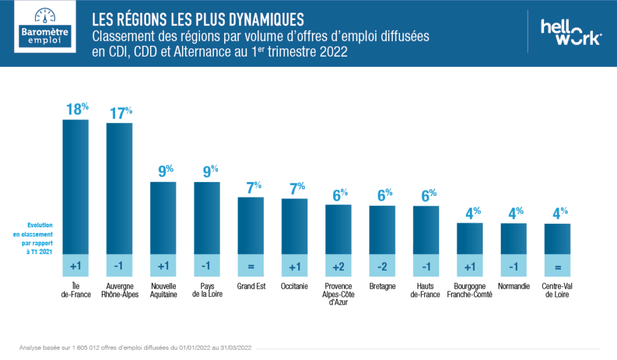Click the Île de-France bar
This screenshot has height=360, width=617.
pos(75,187)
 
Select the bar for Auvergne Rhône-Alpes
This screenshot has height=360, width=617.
pos(119,189)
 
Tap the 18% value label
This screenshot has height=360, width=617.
pos(77,109)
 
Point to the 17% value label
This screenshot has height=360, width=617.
pos(121,113)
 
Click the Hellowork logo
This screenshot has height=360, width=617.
pos(570,31)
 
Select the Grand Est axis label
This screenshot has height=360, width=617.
pos(251,286)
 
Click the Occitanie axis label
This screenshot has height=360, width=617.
pos(295,286)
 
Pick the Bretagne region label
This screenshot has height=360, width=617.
pos(382,286)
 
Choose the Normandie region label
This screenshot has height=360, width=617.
pos(513,286)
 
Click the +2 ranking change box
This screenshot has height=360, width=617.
pos(339,266)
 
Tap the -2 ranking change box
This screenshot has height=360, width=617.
pos(382,266)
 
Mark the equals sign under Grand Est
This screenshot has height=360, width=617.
pos(251,266)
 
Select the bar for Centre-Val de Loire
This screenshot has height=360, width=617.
pos(557,239)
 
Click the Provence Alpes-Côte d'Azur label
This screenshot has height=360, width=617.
pos(339,294)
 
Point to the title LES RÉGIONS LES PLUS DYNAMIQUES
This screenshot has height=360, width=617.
pos(198,16)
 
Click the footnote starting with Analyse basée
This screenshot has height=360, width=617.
pos(135,348)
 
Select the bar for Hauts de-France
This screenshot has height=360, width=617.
pos(426,230)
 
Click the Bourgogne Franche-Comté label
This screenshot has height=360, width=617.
pos(470,290)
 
